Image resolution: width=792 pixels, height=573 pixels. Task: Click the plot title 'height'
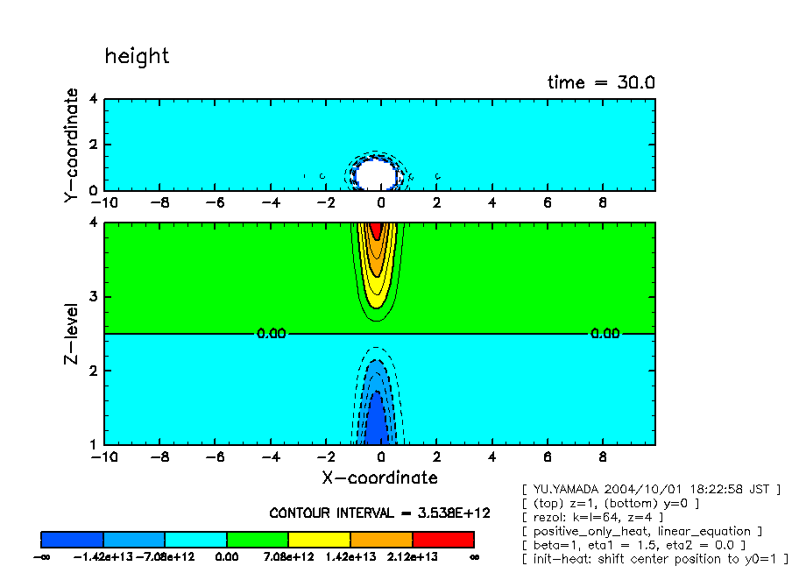[137, 56]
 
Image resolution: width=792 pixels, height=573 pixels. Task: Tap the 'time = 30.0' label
[601, 82]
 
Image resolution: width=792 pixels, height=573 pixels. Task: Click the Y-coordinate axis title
[72, 146]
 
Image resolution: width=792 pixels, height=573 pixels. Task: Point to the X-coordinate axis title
[378, 477]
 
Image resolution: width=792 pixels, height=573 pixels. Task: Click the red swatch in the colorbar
[442, 539]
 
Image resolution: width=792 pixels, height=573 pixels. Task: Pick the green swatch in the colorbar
[258, 539]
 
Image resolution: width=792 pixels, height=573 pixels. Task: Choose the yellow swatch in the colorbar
[319, 539]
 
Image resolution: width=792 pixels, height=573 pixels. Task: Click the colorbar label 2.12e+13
[412, 557]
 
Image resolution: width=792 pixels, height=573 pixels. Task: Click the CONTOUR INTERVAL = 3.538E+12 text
[379, 513]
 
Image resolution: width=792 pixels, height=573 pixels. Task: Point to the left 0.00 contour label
[271, 334]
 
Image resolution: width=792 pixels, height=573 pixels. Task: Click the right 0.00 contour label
[604, 334]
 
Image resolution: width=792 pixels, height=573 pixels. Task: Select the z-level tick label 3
[95, 297]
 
